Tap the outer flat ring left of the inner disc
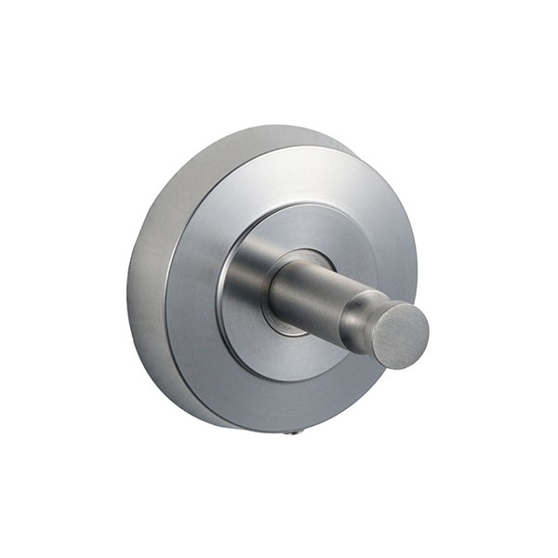tap(191, 288)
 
